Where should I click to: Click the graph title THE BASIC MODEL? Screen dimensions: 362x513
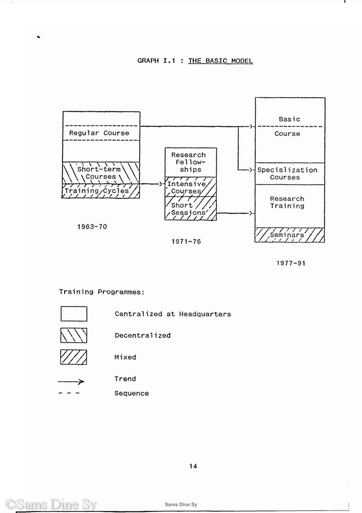[x=220, y=61]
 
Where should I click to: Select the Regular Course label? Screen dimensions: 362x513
[x=99, y=133]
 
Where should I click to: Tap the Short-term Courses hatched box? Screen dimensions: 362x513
[x=101, y=173]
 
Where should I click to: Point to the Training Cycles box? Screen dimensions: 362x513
[x=101, y=191]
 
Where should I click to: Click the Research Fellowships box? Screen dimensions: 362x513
[x=191, y=162]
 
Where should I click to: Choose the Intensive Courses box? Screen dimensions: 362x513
[x=191, y=187]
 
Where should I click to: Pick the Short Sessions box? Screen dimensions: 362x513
[x=191, y=208]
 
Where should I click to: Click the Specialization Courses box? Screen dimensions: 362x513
[x=290, y=174]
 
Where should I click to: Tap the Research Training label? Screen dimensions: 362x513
[x=287, y=202]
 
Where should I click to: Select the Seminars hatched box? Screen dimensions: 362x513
[x=290, y=235]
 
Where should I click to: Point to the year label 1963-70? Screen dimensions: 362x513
[x=92, y=227]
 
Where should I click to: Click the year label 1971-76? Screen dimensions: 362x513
[x=186, y=241]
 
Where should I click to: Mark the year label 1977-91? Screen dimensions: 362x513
[x=291, y=263]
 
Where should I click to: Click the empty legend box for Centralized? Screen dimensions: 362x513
[x=74, y=314]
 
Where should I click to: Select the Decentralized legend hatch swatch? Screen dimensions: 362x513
[x=74, y=335]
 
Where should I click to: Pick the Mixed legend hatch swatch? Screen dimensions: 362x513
[x=74, y=357]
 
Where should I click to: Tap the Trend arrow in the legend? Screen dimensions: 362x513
[x=71, y=381]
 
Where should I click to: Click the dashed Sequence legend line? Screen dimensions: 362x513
[x=69, y=393]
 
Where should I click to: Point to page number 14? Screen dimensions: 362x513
[x=193, y=466]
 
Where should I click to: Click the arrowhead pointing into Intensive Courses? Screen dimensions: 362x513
[x=161, y=184]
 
